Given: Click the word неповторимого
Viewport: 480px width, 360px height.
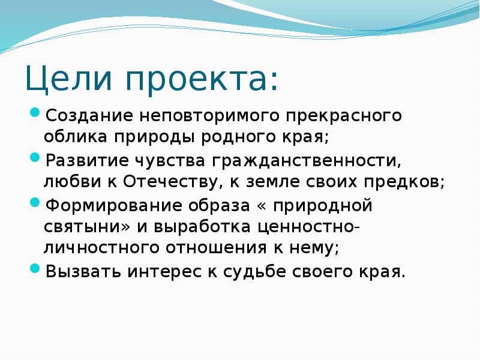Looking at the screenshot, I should [210, 115].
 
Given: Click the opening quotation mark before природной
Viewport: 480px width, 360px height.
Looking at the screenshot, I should [262, 206].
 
